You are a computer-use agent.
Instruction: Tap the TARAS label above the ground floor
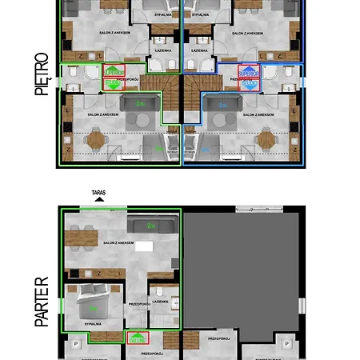[98, 193]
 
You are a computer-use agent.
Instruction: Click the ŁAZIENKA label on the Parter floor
[159, 302]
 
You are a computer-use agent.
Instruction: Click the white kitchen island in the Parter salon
[143, 246]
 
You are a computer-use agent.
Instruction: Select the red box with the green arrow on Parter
[138, 338]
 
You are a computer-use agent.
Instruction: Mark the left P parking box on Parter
[76, 343]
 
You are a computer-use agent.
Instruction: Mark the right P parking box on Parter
[286, 343]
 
